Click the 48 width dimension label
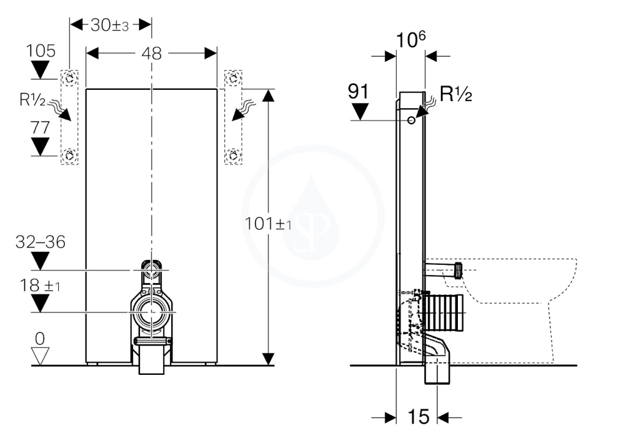coord(152,53)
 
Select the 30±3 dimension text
coord(110,24)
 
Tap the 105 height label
coord(40,51)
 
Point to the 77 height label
coord(40,127)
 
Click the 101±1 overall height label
coord(268,223)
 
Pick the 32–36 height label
coord(40,242)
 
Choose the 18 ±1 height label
coord(40,285)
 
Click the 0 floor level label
coord(40,339)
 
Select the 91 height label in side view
coord(358,92)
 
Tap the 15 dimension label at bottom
coord(418,416)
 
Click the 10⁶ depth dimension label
coord(410,39)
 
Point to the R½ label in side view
coord(455,94)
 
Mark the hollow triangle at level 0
coord(40,356)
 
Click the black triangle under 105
coord(40,70)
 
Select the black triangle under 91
coord(360,111)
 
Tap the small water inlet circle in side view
coord(411,120)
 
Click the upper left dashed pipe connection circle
coord(70,78)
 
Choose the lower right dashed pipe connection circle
coord(233,155)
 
